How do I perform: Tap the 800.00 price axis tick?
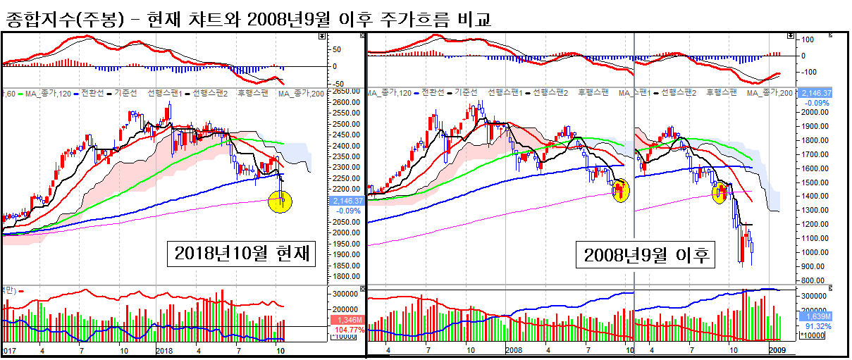816,280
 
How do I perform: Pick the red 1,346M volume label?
345,320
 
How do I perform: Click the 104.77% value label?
345,329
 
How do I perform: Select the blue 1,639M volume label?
817,316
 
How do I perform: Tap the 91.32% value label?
817,326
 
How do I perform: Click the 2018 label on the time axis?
163,349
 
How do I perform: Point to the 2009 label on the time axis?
777,349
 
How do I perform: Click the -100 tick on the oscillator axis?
813,72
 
